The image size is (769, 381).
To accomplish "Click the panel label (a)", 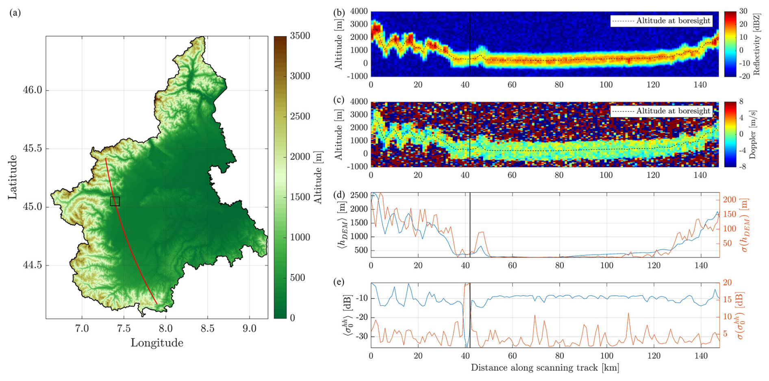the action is tap(15, 13).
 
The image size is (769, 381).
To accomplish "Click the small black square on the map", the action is tap(115, 201).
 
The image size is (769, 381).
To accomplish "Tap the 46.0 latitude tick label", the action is tap(33, 90).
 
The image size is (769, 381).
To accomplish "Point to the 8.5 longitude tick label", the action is tap(207, 329).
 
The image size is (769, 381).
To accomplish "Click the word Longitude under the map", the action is tap(157, 343).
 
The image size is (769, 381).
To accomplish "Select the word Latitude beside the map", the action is tap(13, 177).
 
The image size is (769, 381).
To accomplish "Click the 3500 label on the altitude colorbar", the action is tap(300, 36).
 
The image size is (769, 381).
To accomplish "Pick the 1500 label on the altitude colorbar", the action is tap(300, 197).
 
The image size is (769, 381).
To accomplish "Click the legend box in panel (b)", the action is tap(661, 21).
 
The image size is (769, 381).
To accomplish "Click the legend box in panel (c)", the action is tap(661, 111).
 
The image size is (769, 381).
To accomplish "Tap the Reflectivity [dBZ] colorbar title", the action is tap(756, 44).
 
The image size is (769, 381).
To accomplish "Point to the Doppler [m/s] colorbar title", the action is tap(753, 134).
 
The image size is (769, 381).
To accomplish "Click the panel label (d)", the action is tap(339, 194).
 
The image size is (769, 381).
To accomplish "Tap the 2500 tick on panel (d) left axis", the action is tap(359, 196).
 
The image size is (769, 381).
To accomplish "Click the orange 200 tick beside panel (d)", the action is tap(730, 200).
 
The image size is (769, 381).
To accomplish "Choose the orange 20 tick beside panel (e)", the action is tap(727, 283).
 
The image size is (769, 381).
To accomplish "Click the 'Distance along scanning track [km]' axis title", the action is tap(545, 368).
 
